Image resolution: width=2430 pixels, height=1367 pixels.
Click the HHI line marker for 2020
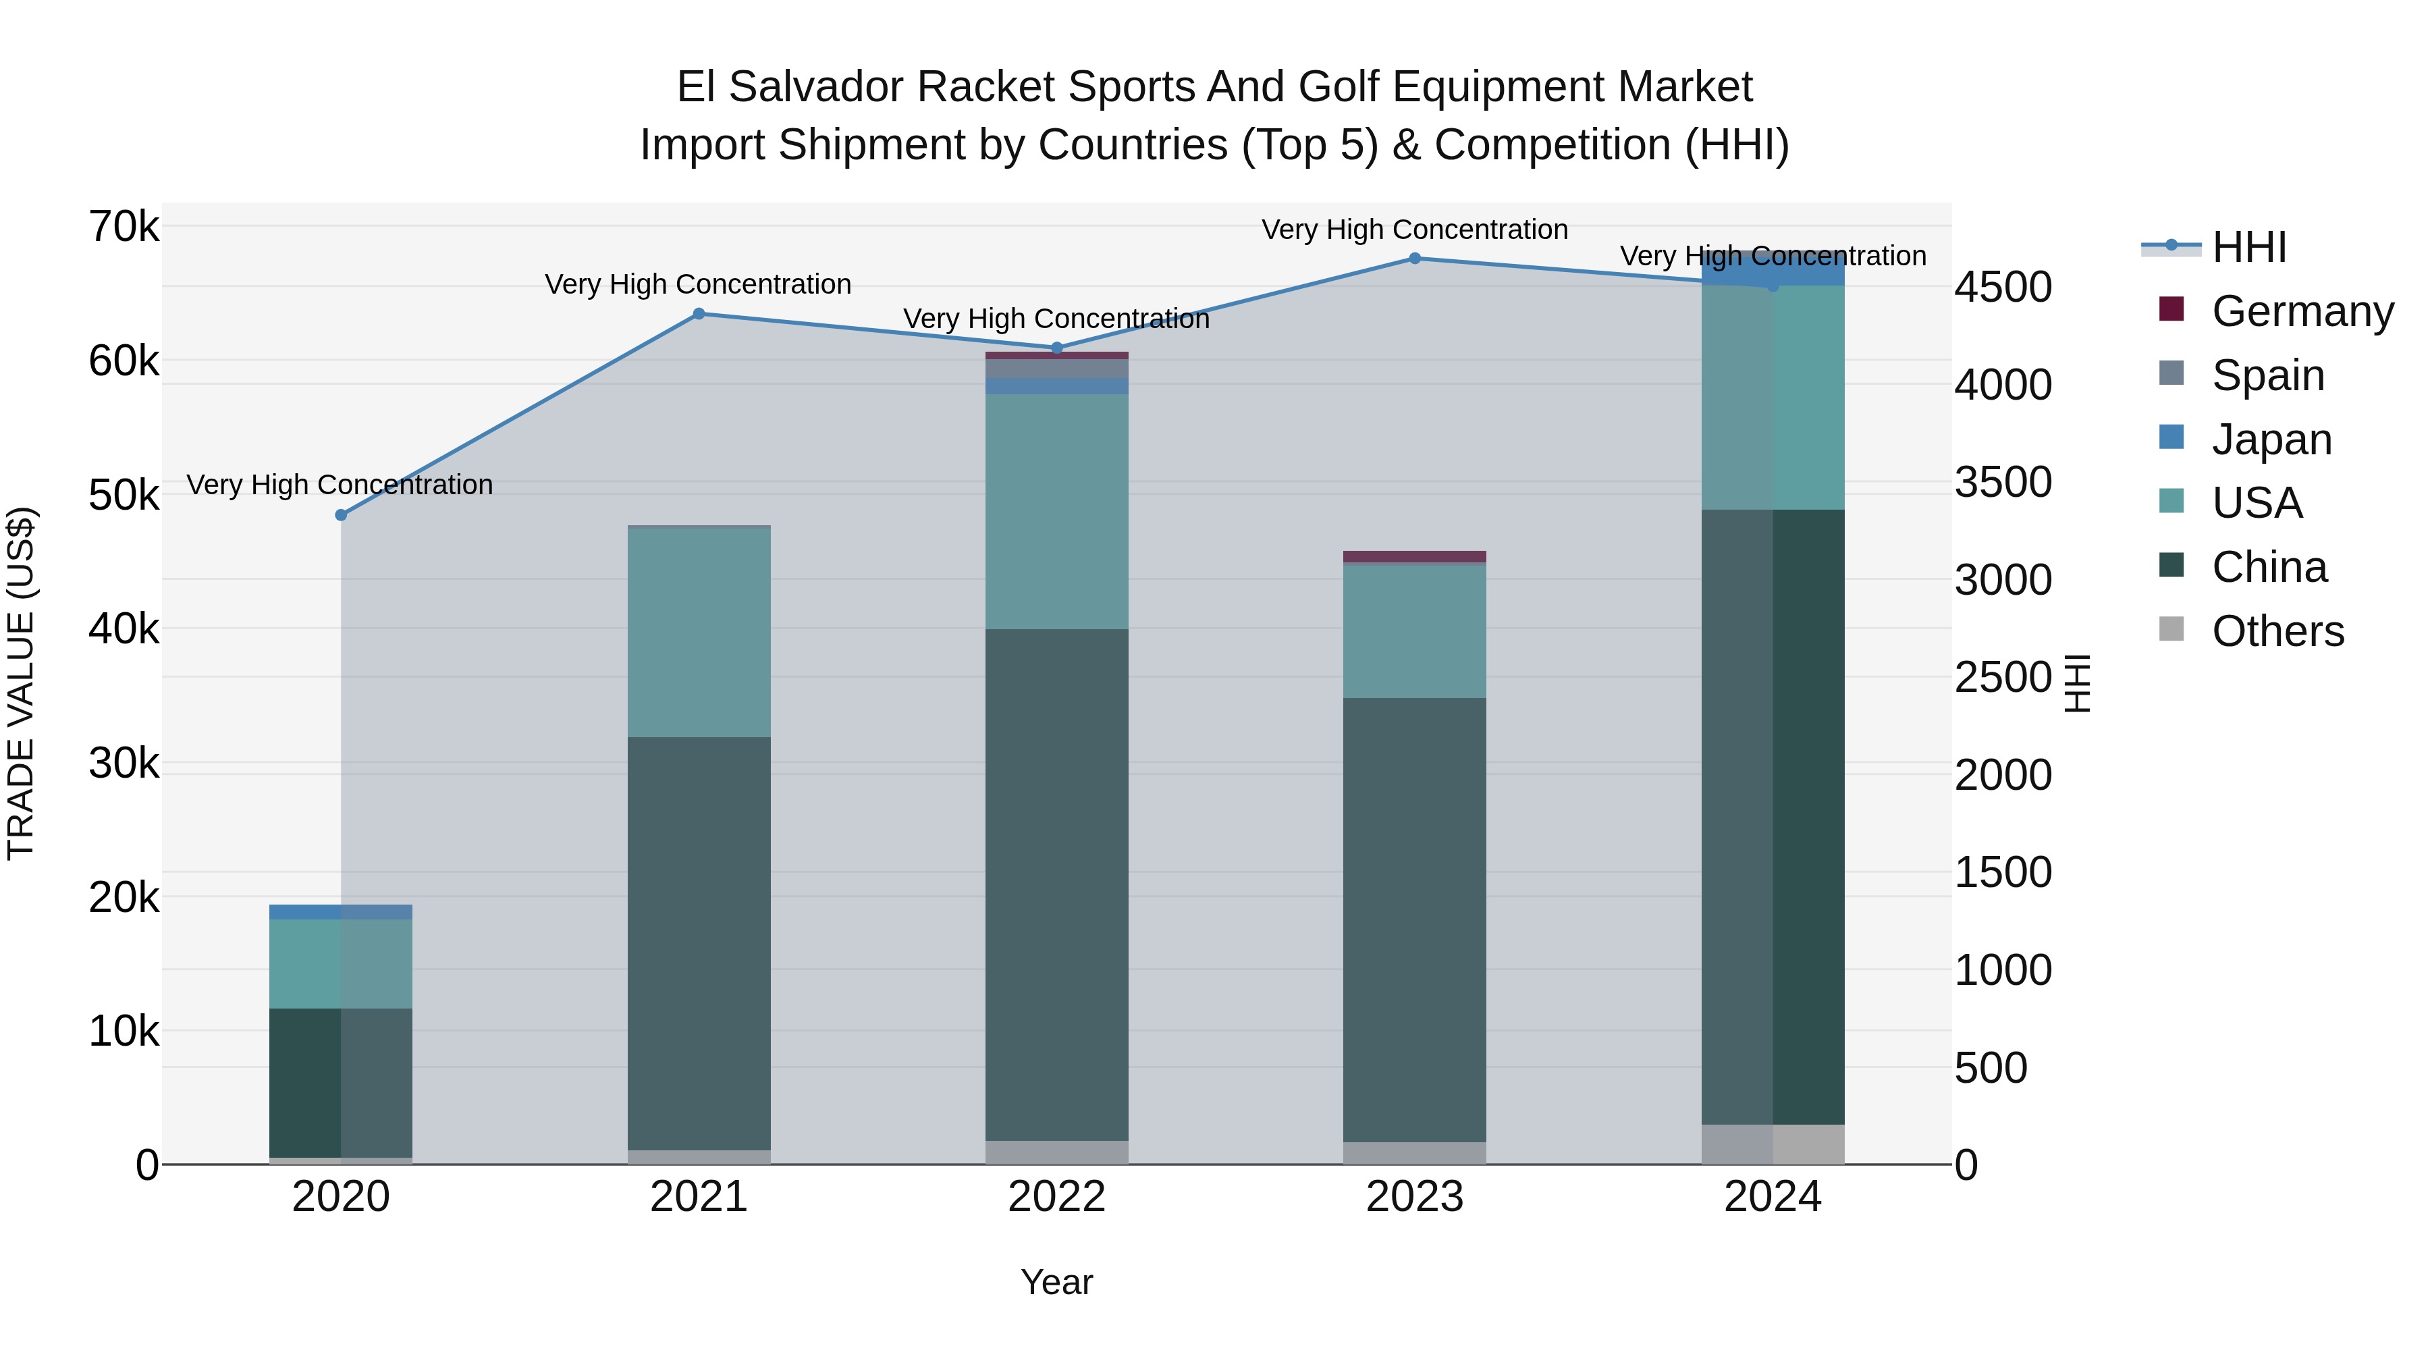(x=342, y=515)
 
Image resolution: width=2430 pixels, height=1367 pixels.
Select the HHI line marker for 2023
(x=1415, y=259)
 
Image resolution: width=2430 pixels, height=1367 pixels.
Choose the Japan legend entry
(x=2271, y=439)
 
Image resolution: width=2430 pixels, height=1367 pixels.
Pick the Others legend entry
(x=2277, y=631)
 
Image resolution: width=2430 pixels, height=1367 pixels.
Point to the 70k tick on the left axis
(x=124, y=227)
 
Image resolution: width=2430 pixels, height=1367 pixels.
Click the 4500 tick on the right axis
(x=2003, y=287)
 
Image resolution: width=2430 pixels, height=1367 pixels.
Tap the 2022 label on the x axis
(x=1056, y=1197)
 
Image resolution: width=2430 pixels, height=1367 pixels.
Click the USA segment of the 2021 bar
(x=699, y=633)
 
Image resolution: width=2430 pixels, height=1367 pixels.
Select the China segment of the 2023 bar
(x=1415, y=920)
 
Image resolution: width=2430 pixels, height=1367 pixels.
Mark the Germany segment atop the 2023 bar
(x=1415, y=557)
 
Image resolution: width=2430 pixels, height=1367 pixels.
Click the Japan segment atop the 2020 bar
(x=341, y=912)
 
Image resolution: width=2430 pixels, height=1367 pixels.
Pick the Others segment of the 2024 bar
(x=1773, y=1144)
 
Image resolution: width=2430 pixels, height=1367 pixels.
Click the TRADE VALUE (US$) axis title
(x=21, y=683)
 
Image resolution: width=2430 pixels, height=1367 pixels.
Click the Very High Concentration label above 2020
(x=340, y=485)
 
